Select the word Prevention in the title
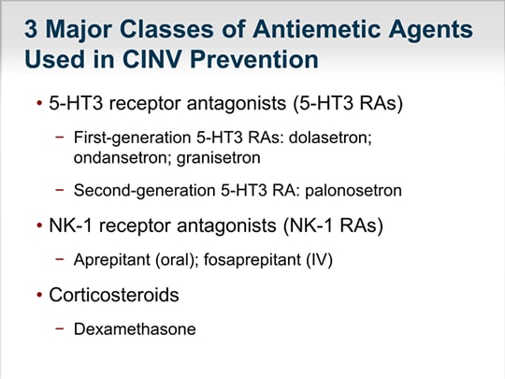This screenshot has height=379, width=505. (x=254, y=59)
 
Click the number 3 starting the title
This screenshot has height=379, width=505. (x=31, y=29)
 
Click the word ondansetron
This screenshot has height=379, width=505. (x=122, y=158)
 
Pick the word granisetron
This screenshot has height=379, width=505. (x=218, y=158)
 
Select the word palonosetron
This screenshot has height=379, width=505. (x=353, y=190)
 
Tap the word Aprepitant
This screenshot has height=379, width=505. (x=112, y=259)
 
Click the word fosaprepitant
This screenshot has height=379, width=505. (x=252, y=259)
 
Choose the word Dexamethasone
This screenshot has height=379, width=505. (x=135, y=329)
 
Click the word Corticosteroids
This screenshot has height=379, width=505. (x=114, y=295)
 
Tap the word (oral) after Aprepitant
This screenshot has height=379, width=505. (x=177, y=259)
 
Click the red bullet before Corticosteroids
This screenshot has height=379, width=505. (x=39, y=295)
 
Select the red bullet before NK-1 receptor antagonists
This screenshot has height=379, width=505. (x=39, y=226)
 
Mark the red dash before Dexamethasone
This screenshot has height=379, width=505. (x=60, y=328)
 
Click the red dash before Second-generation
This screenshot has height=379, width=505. (x=60, y=190)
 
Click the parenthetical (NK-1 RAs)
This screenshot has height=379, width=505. (x=333, y=226)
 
